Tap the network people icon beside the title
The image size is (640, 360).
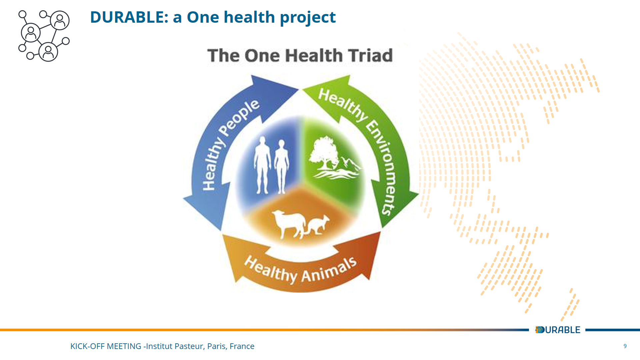(44, 36)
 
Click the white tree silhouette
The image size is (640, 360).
(323, 153)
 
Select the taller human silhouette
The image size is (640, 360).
(262, 165)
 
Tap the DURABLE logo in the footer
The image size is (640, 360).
(558, 330)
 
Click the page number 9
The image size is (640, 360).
(625, 346)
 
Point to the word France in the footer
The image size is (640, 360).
(242, 346)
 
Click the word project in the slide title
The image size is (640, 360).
(308, 18)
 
